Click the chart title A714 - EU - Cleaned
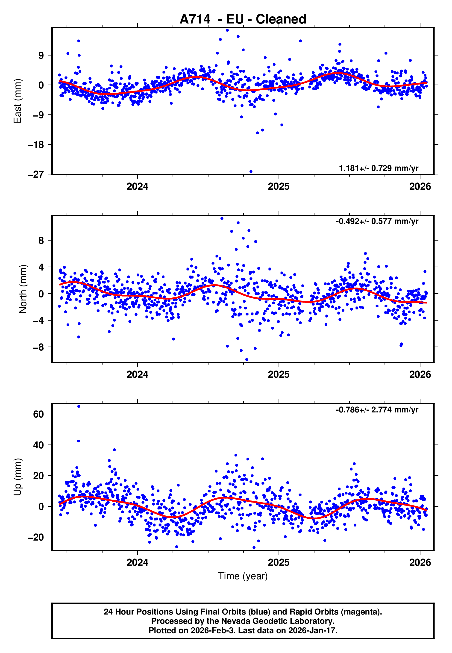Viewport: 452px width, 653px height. tap(243, 19)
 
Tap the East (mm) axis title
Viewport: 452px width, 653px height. tap(18, 101)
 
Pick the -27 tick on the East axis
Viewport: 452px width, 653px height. tap(36, 174)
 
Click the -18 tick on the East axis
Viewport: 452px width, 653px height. tap(36, 145)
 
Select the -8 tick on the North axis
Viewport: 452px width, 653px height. tap(38, 347)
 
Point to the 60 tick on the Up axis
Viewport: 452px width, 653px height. tap(38, 414)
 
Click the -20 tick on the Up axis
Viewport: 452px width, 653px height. tap(36, 537)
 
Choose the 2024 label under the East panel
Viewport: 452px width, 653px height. tap(137, 186)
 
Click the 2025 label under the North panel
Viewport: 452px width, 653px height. tap(279, 374)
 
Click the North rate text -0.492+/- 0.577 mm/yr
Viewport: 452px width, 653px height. tap(377, 221)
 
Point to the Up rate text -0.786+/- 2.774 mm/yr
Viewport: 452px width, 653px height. tap(377, 410)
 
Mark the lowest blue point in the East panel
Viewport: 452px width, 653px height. tap(251, 172)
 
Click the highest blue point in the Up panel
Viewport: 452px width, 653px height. tap(79, 406)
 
